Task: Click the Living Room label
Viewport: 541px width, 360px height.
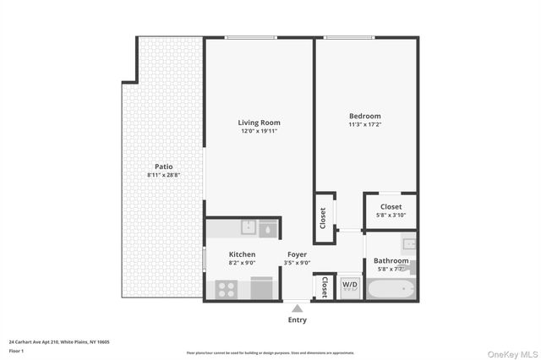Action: pos(259,123)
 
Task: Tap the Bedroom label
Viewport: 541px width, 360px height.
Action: pos(365,116)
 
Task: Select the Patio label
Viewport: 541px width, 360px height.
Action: pos(164,166)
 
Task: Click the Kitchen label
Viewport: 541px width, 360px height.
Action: pos(242,254)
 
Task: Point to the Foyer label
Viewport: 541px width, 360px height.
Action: pos(297,254)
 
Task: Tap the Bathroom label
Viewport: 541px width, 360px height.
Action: pos(391,261)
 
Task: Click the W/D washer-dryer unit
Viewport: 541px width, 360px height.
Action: pos(350,286)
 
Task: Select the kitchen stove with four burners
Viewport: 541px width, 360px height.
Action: pos(227,288)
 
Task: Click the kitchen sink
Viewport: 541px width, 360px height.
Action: pos(249,226)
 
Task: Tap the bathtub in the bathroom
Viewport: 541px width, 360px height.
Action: pos(391,289)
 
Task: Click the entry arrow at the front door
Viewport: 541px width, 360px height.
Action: pos(297,308)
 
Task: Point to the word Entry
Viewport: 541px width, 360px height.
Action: pos(297,320)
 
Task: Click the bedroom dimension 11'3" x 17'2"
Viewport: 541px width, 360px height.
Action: pos(365,124)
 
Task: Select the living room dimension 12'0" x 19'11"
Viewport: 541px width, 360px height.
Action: pos(259,131)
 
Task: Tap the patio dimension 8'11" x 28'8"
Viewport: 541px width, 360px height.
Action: pos(164,175)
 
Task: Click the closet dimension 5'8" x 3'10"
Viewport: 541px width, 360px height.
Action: pos(391,215)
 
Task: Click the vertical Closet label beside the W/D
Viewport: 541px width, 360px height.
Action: pos(325,287)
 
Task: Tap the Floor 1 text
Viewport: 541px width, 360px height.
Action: pos(16,350)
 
